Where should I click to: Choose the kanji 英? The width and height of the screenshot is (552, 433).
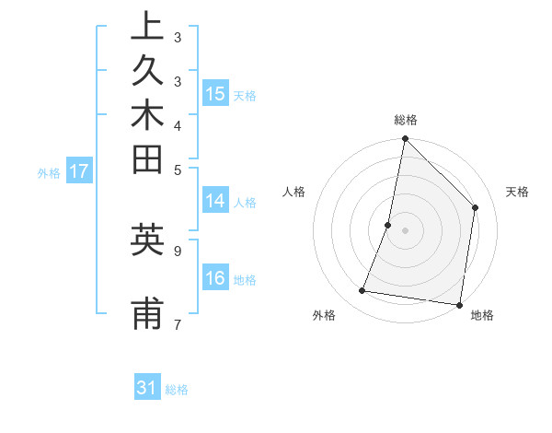click(147, 240)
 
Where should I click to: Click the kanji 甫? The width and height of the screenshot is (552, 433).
click(147, 314)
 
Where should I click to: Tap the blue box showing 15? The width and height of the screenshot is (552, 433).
click(215, 94)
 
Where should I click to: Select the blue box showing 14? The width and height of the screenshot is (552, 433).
click(215, 202)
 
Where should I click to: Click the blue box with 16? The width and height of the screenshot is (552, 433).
click(215, 279)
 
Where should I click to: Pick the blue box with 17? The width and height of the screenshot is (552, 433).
click(79, 170)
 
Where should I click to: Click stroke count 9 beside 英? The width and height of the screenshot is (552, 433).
click(177, 250)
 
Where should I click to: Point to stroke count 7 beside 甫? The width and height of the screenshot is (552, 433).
click(177, 323)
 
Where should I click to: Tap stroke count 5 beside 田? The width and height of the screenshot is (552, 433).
click(177, 169)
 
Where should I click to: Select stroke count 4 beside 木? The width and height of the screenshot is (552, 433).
click(177, 124)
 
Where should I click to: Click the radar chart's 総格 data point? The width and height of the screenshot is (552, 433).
click(405, 139)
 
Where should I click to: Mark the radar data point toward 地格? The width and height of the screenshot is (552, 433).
click(458, 304)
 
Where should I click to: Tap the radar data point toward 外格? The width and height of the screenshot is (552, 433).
click(362, 291)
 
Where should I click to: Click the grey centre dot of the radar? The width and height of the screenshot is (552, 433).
click(405, 230)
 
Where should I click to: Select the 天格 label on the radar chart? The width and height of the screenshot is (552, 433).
click(517, 192)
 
